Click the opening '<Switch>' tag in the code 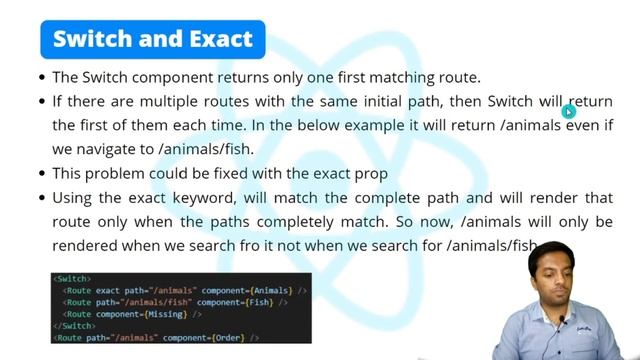click(x=73, y=278)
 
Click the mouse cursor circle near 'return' click(x=569, y=112)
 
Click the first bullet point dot click(x=41, y=77)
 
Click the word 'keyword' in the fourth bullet click(x=196, y=198)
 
